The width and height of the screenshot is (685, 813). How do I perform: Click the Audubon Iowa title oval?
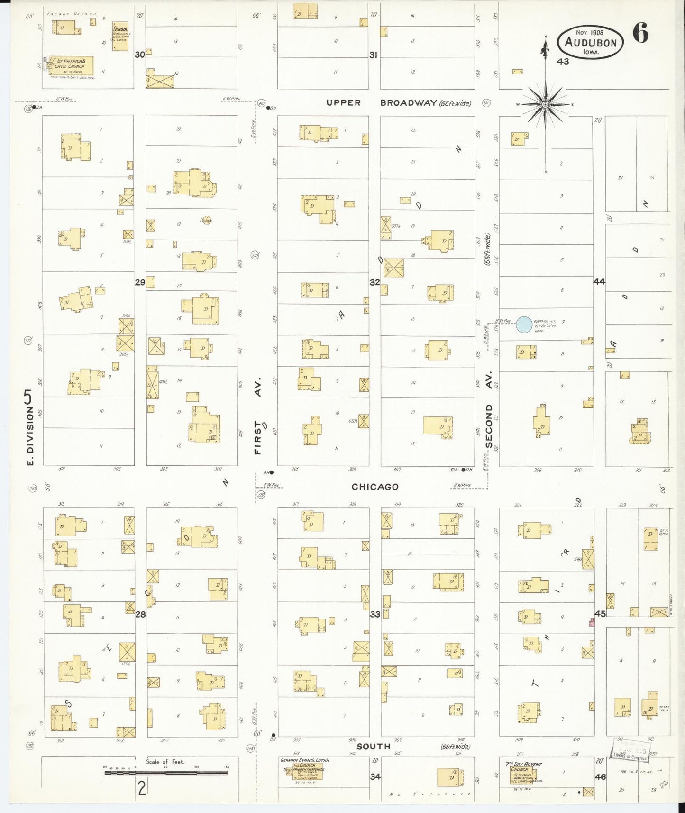(590, 42)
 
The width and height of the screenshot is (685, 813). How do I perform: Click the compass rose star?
(545, 104)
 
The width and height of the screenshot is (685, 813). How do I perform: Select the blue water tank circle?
(524, 325)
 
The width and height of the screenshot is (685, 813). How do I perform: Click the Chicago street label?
(375, 487)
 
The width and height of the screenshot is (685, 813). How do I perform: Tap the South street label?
(374, 746)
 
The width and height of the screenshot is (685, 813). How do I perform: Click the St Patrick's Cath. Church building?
(71, 66)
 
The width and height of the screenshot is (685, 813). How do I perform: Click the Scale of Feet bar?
(166, 773)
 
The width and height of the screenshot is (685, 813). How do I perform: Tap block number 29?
(140, 282)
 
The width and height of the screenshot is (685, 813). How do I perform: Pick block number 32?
(374, 282)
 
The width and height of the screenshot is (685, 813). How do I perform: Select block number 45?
(600, 614)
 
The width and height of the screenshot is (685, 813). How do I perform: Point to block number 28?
(140, 614)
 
